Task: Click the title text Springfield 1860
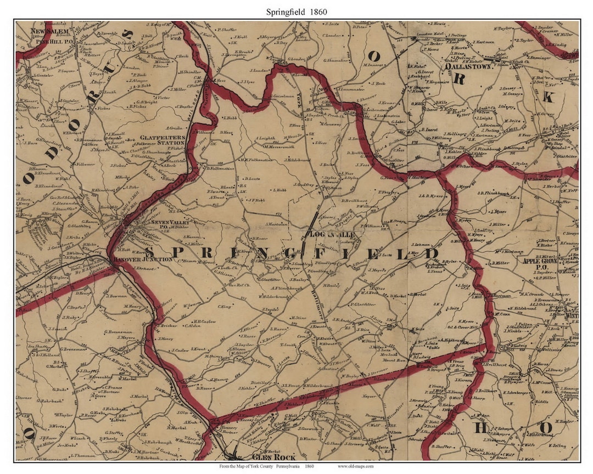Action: pyautogui.click(x=296, y=10)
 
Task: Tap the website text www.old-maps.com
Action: pyautogui.click(x=356, y=466)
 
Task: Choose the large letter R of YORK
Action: pyautogui.click(x=460, y=78)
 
